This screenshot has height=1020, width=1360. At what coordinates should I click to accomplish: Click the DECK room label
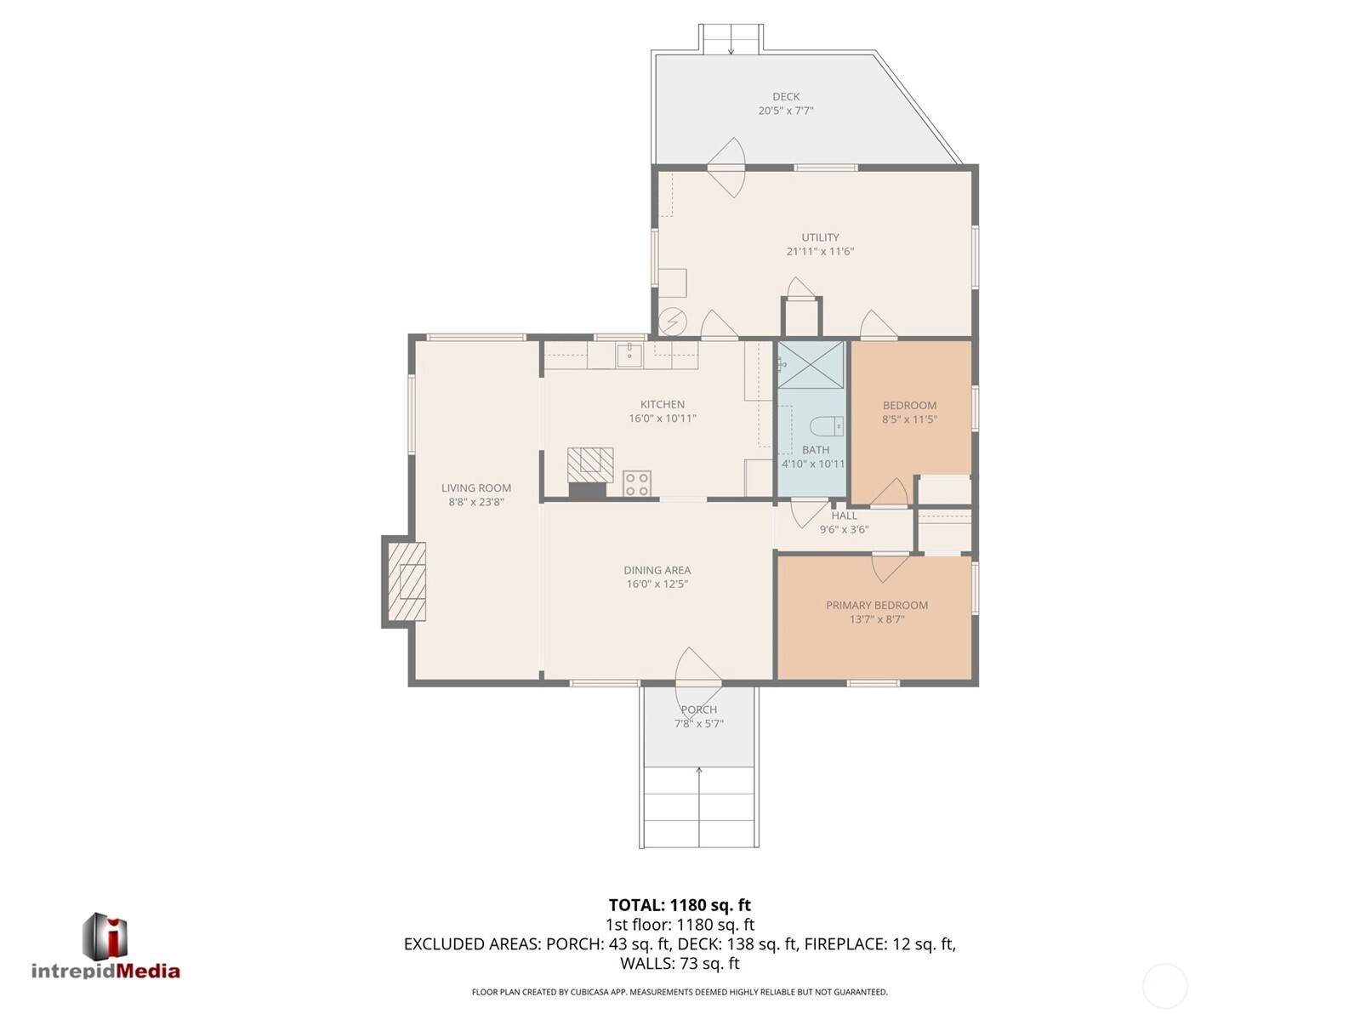point(786,97)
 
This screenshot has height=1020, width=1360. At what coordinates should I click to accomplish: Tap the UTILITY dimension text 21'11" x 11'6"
point(820,252)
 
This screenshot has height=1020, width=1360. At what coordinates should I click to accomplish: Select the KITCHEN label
point(663,405)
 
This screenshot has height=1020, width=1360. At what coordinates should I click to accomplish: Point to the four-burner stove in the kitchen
point(637,484)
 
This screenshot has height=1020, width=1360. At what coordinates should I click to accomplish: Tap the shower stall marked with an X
point(811,365)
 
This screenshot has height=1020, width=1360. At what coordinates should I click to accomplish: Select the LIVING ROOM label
point(475,488)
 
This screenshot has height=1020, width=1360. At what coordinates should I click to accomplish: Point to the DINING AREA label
point(657,570)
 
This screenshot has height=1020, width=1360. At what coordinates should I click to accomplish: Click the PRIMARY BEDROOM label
point(877,606)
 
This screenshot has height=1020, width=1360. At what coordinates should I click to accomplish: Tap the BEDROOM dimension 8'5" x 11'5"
point(909,419)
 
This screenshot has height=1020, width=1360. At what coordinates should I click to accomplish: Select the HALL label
point(844,516)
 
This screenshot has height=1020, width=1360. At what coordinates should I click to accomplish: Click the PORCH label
point(699,709)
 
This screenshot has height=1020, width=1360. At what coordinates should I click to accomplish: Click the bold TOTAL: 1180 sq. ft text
point(680,905)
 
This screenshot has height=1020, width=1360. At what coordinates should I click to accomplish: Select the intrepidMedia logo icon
point(105,936)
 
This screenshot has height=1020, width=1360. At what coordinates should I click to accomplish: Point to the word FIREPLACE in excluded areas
point(852,943)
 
